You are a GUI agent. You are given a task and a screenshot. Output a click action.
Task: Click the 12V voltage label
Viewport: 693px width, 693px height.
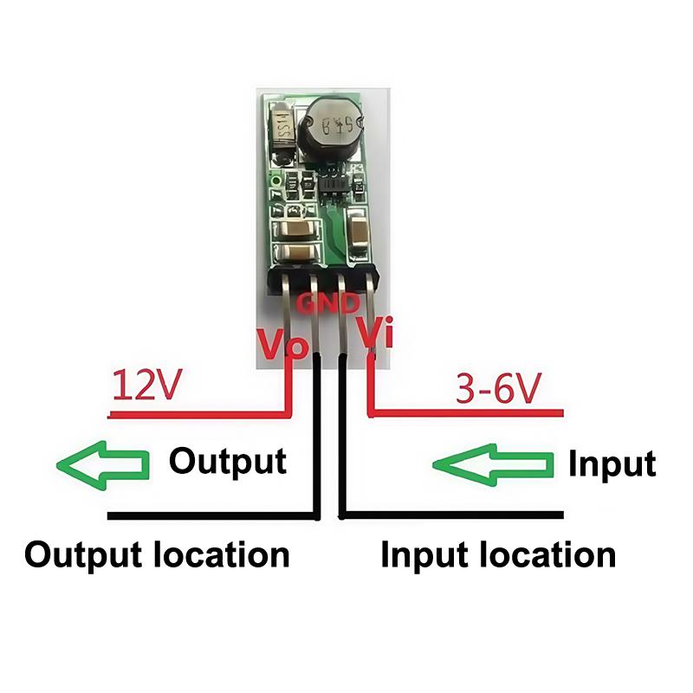tap(145, 386)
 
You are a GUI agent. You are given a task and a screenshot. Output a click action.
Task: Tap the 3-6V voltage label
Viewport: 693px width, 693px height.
tap(497, 391)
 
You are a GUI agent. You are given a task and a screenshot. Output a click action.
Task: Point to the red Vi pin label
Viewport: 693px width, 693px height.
tap(376, 334)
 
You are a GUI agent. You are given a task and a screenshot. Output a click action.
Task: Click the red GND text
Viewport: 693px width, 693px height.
tap(328, 303)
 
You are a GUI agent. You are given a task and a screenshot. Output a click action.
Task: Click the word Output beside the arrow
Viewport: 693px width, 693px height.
tap(227, 461)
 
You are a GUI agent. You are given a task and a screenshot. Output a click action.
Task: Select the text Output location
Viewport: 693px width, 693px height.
tap(157, 554)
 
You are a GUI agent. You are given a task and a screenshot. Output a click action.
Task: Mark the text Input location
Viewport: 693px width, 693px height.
tap(498, 555)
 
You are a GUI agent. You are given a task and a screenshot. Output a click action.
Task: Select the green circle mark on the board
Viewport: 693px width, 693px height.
tap(275, 181)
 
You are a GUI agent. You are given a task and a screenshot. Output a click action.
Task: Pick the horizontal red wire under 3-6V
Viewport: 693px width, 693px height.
tap(468, 413)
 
